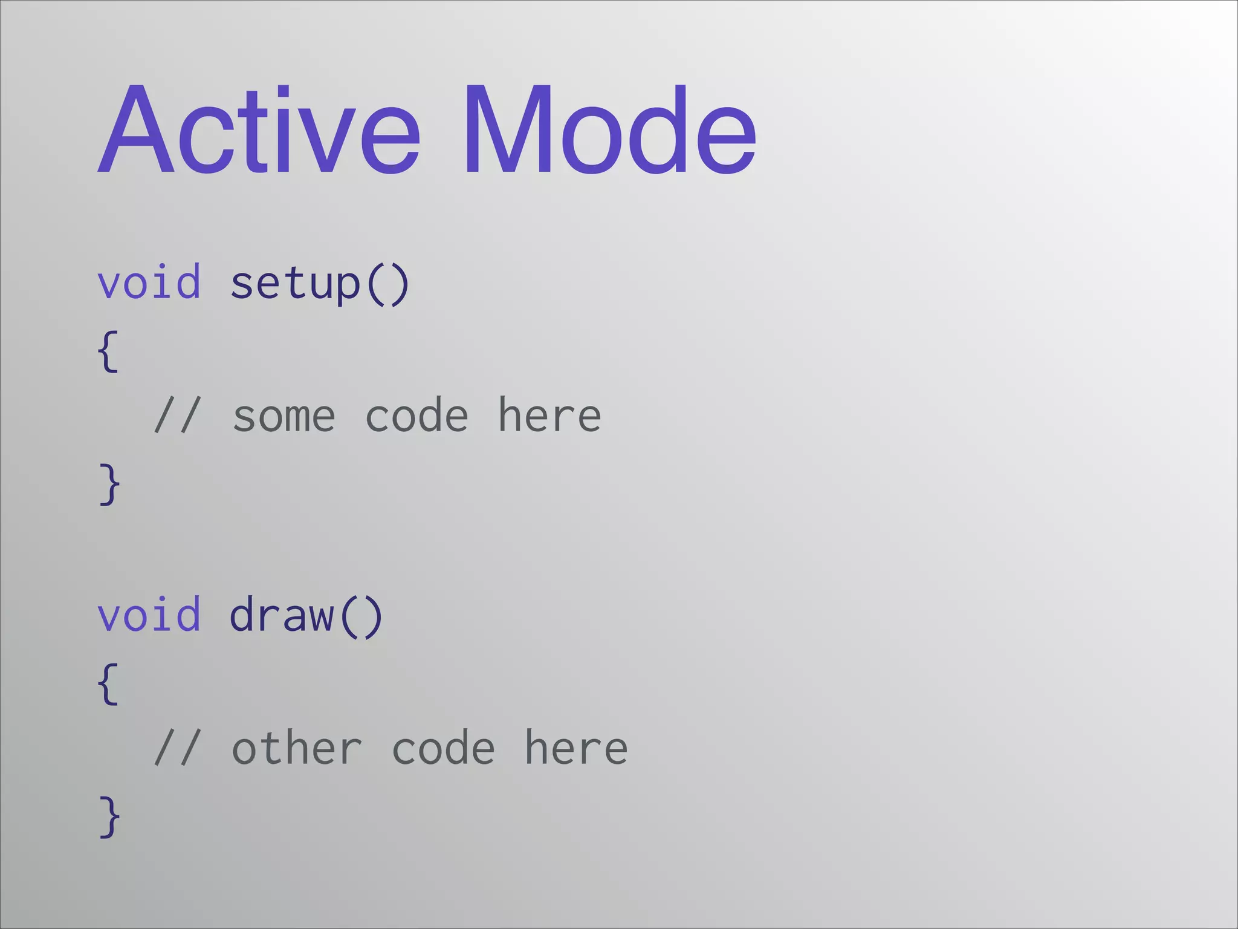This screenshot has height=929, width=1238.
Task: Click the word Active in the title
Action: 259,130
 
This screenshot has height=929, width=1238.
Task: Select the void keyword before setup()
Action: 149,282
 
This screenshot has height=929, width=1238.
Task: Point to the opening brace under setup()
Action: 108,351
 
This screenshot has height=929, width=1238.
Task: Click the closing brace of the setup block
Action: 109,484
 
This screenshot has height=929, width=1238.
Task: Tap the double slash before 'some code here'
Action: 176,416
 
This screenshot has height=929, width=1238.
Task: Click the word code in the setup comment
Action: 416,416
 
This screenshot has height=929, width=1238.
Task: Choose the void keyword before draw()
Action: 149,614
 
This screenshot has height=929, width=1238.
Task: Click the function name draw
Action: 282,614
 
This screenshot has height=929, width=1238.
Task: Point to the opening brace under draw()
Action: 108,683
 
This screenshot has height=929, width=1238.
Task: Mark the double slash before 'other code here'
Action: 176,748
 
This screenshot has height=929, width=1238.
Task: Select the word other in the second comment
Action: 297,748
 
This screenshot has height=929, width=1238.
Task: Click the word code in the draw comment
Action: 443,748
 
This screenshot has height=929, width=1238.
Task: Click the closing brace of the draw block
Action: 109,817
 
